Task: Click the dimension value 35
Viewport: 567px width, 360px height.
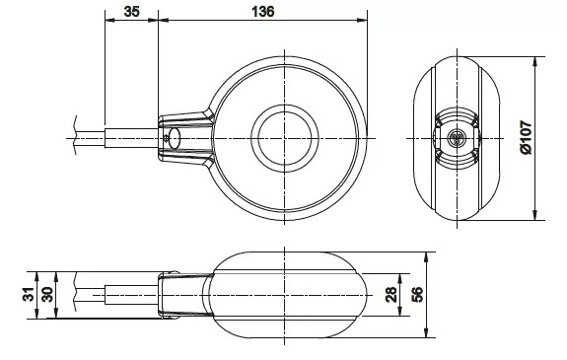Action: [x=131, y=12]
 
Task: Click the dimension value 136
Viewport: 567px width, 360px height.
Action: [x=263, y=12]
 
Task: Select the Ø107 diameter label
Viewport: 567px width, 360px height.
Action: [x=527, y=137]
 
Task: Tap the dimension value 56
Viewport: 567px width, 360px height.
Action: [x=417, y=294]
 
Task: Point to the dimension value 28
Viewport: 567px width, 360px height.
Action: [x=390, y=294]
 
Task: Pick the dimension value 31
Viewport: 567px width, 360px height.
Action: [x=29, y=294]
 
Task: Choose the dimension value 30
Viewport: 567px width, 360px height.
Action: [x=47, y=294]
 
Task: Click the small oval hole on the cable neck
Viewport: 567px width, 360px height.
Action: [x=175, y=138]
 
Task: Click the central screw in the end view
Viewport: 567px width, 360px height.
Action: [x=457, y=138]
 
